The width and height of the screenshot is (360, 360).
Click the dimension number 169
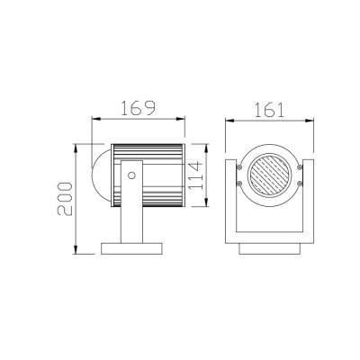tap(138, 107)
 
